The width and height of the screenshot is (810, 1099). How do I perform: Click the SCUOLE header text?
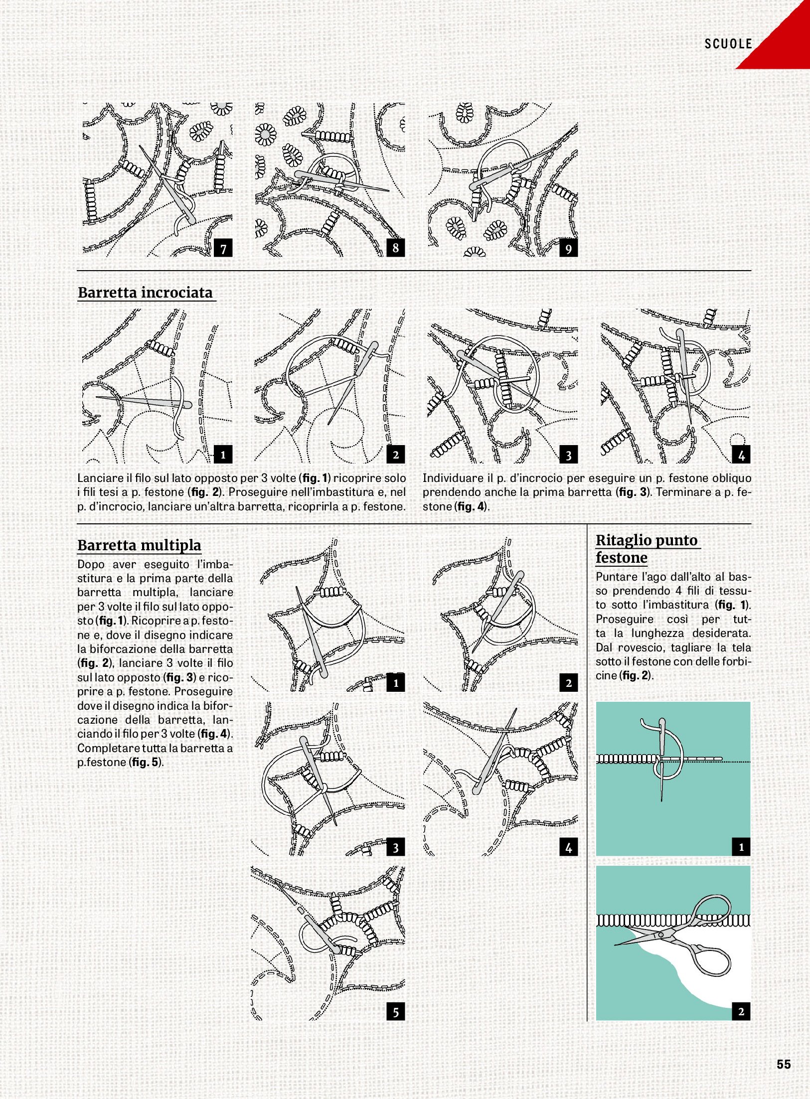[x=728, y=44]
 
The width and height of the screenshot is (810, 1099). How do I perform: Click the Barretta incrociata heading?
[x=146, y=293]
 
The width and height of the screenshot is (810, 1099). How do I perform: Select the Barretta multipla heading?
[x=139, y=545]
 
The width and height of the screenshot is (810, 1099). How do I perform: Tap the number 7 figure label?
[x=223, y=248]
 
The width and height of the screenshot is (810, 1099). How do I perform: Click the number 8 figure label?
[x=395, y=248]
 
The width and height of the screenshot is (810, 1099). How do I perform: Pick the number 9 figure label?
[x=568, y=248]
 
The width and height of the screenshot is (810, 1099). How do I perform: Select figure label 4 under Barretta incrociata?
[x=741, y=455]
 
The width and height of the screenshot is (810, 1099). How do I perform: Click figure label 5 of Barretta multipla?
[x=395, y=1012]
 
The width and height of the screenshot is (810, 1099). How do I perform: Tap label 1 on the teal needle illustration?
[x=741, y=847]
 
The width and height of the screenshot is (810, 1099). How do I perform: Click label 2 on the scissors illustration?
[x=741, y=1012]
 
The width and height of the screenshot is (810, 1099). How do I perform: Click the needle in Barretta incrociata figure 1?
[x=145, y=401]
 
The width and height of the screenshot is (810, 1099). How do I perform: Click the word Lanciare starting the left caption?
[x=99, y=478]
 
